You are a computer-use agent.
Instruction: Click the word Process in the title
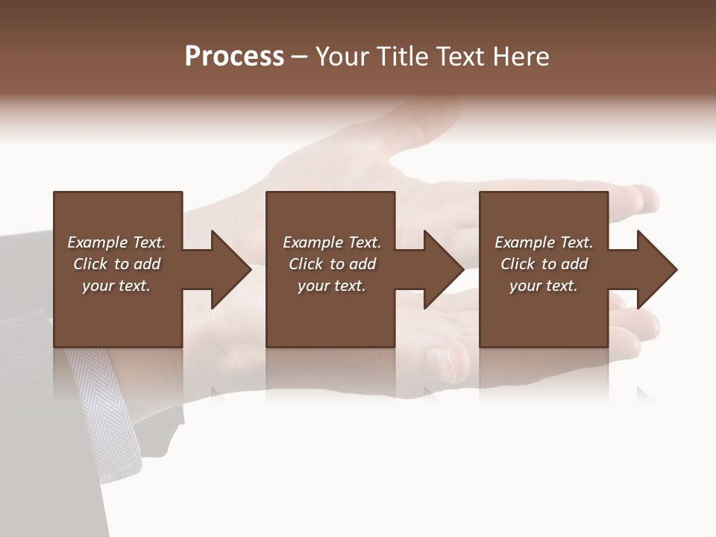tap(234, 57)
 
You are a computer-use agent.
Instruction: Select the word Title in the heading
tap(402, 57)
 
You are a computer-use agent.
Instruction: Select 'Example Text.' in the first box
tap(116, 242)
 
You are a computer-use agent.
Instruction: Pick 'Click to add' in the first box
tap(116, 264)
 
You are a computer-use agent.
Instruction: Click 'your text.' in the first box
tap(116, 286)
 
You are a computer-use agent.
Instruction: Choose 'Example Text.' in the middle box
tap(332, 242)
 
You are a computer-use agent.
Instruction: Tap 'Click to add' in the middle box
tap(332, 264)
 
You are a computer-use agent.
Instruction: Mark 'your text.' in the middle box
tap(332, 286)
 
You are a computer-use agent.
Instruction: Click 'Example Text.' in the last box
tap(544, 242)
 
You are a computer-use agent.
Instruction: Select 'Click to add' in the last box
tap(544, 264)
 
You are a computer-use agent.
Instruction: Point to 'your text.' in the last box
tap(544, 286)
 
